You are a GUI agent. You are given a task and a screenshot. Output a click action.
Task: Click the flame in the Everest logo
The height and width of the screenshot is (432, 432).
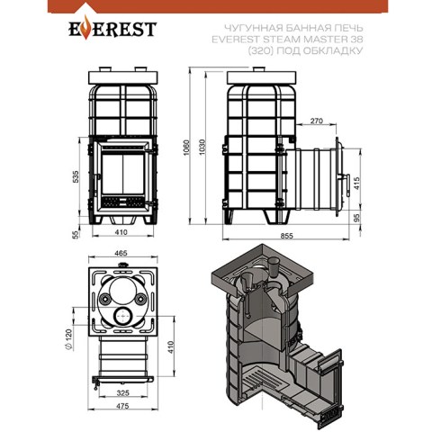point(85,28)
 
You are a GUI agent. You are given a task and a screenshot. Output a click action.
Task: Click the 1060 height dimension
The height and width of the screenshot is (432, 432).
point(186,148)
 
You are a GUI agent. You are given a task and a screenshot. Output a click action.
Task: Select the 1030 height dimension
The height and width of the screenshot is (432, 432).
point(202,148)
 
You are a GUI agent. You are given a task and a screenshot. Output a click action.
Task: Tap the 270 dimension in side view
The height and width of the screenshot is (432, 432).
point(317,121)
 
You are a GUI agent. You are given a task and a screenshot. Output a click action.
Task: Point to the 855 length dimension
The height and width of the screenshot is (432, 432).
point(286,236)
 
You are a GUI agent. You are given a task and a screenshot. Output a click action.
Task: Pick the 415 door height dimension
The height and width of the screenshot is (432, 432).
point(356,183)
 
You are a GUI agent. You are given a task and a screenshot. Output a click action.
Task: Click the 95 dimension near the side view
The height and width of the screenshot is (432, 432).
point(356,217)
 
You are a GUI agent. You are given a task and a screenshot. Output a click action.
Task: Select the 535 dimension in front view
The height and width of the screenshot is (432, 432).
point(76,176)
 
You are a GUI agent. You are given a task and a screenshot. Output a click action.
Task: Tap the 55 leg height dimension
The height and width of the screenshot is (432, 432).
point(76,234)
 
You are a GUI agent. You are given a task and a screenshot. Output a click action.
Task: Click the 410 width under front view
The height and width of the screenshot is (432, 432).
point(121,232)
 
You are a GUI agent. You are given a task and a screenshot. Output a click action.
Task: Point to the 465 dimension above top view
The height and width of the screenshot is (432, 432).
point(121,253)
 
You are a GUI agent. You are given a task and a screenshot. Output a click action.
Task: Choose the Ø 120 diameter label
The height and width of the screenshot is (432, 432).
point(68,339)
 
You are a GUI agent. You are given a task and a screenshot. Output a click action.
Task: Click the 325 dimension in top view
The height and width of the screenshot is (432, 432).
point(122,392)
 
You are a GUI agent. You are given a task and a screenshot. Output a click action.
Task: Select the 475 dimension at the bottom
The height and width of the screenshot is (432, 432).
point(122,406)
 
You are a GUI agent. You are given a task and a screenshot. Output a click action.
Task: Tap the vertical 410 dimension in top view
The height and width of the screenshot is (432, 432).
point(171,347)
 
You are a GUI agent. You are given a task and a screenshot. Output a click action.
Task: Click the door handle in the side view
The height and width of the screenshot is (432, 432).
point(347,185)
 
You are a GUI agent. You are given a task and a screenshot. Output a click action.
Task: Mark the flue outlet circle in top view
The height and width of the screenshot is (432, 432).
point(122,316)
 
